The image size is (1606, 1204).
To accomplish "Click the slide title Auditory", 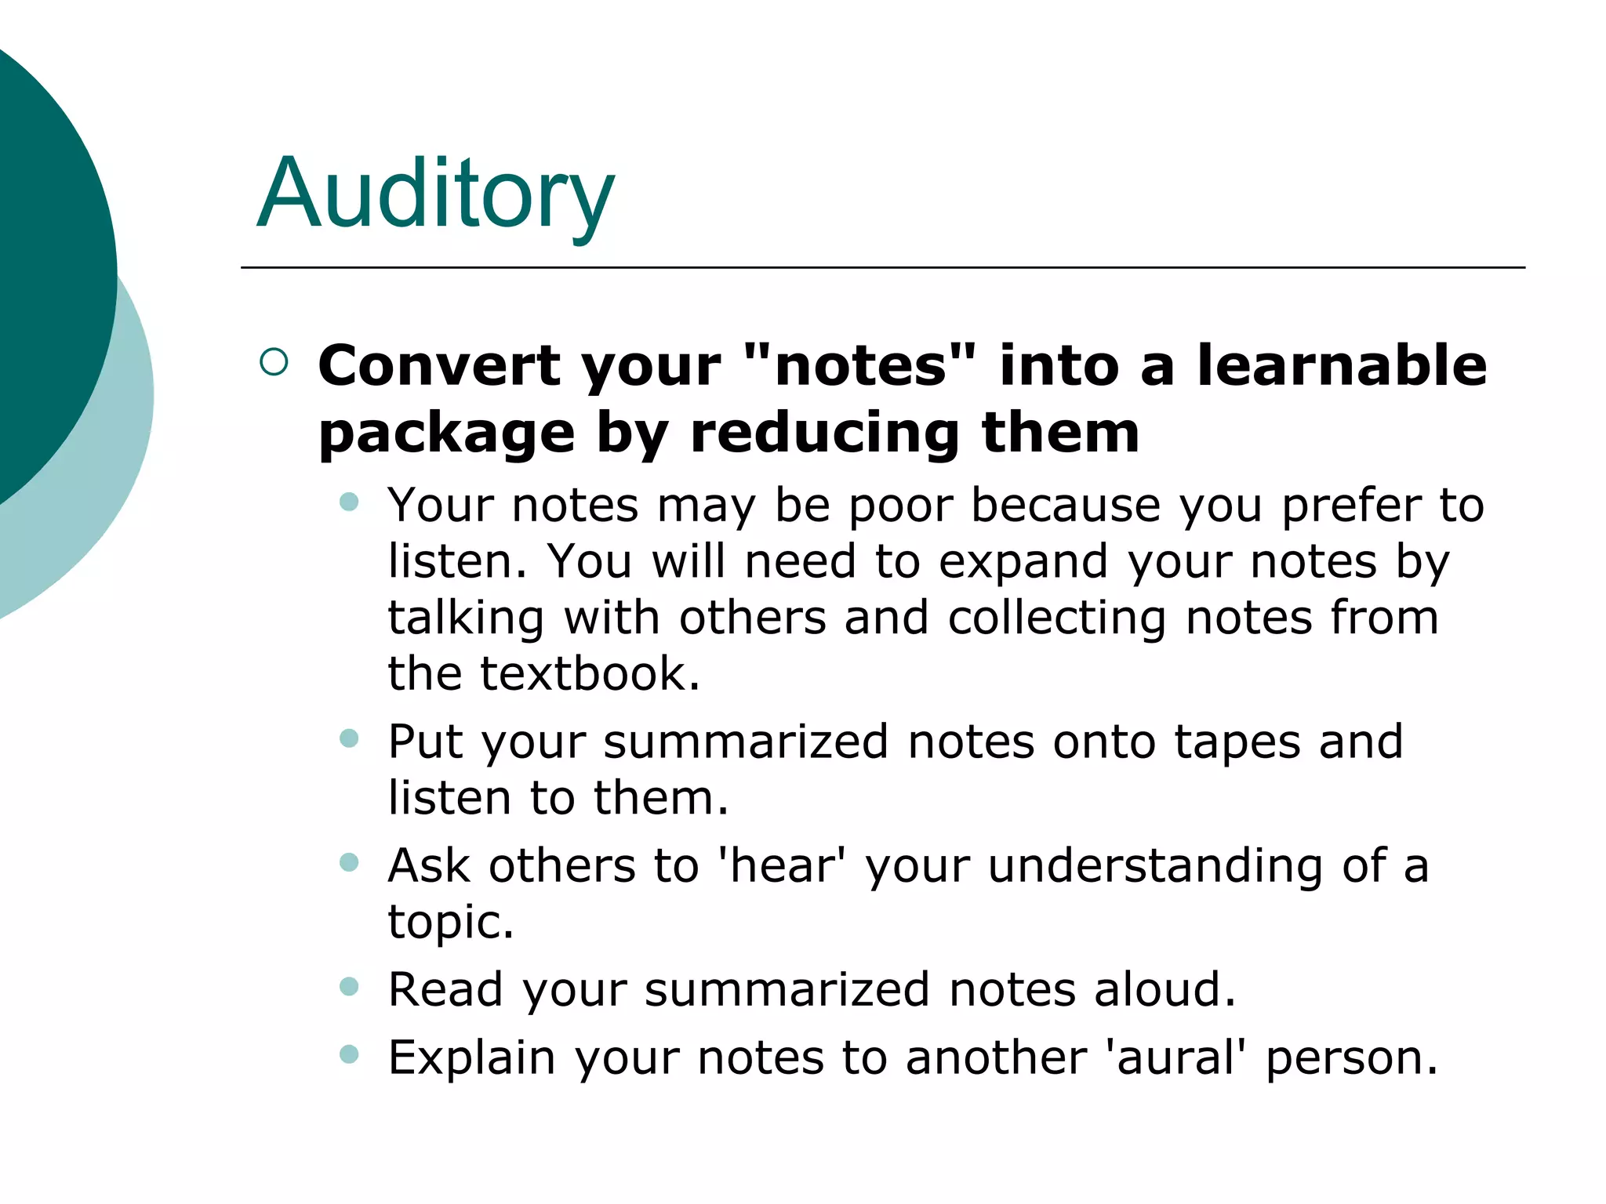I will click(435, 194).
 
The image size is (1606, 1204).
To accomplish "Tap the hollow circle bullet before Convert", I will click(274, 361).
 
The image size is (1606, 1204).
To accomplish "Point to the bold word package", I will click(447, 434).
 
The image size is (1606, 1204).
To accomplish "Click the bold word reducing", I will click(825, 434).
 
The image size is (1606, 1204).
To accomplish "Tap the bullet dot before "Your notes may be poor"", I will click(349, 502).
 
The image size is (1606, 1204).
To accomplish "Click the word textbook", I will click(590, 673).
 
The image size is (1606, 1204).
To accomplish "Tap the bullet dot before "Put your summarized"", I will click(349, 738).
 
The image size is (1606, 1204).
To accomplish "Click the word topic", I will click(450, 922).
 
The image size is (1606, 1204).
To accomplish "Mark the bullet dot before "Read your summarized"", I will click(349, 986).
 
